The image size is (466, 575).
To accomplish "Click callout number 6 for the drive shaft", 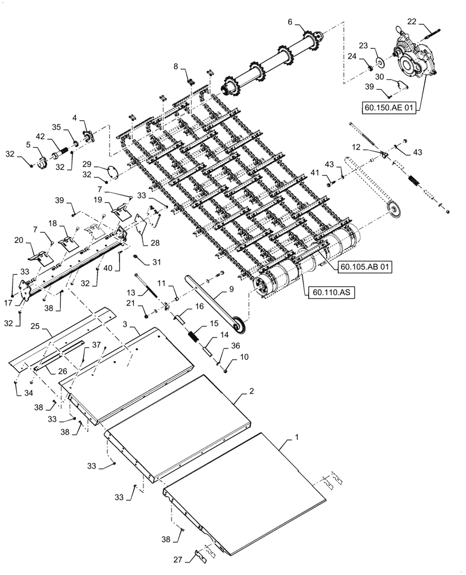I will pos(289,21).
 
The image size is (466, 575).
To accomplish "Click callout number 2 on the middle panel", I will pos(251,389).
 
